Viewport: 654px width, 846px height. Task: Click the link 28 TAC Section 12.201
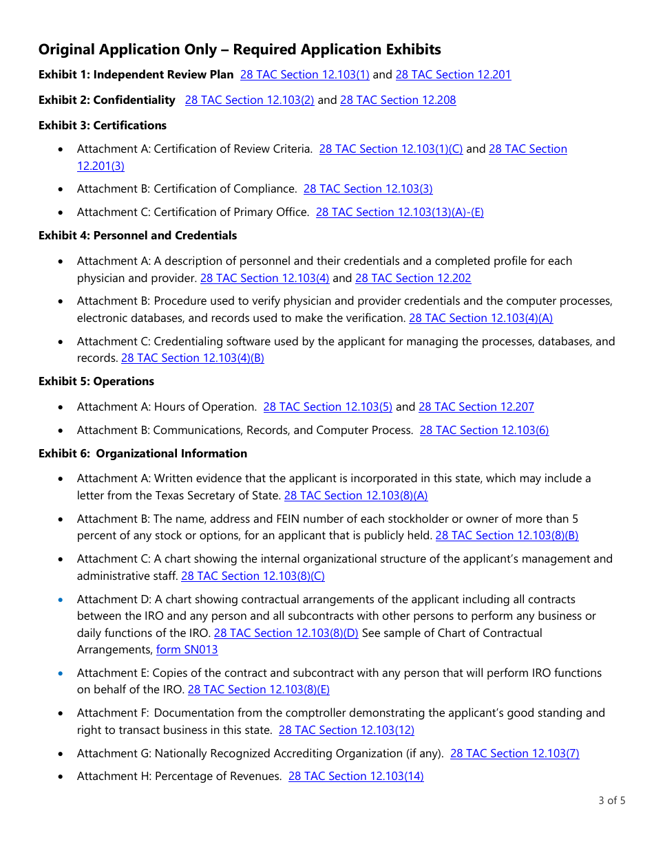coord(453,75)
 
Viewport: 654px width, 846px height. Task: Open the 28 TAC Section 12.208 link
coord(398,100)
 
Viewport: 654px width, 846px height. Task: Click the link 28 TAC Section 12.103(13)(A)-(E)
coord(399,213)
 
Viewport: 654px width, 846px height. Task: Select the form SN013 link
coord(187,650)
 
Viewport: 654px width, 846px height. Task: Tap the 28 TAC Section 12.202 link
coord(413,279)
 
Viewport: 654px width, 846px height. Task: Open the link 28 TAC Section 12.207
coord(476,407)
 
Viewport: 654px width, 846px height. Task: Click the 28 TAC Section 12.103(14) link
coord(356,777)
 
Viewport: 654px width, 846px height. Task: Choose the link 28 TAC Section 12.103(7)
coord(514,754)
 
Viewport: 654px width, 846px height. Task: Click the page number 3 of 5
coord(611,801)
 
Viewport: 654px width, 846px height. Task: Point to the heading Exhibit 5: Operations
coord(96,382)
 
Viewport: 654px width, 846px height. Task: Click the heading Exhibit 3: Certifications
coord(103,126)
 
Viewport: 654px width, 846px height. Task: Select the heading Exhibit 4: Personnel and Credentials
coord(138,236)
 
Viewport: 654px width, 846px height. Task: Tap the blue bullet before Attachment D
coord(62,600)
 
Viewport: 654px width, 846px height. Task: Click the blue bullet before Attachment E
coord(62,673)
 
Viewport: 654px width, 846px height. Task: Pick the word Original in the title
coord(67,50)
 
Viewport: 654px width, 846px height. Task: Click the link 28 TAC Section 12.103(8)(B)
coord(507,536)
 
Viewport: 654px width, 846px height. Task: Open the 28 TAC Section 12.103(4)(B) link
coord(193,358)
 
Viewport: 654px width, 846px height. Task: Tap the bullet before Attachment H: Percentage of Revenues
coord(62,777)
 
